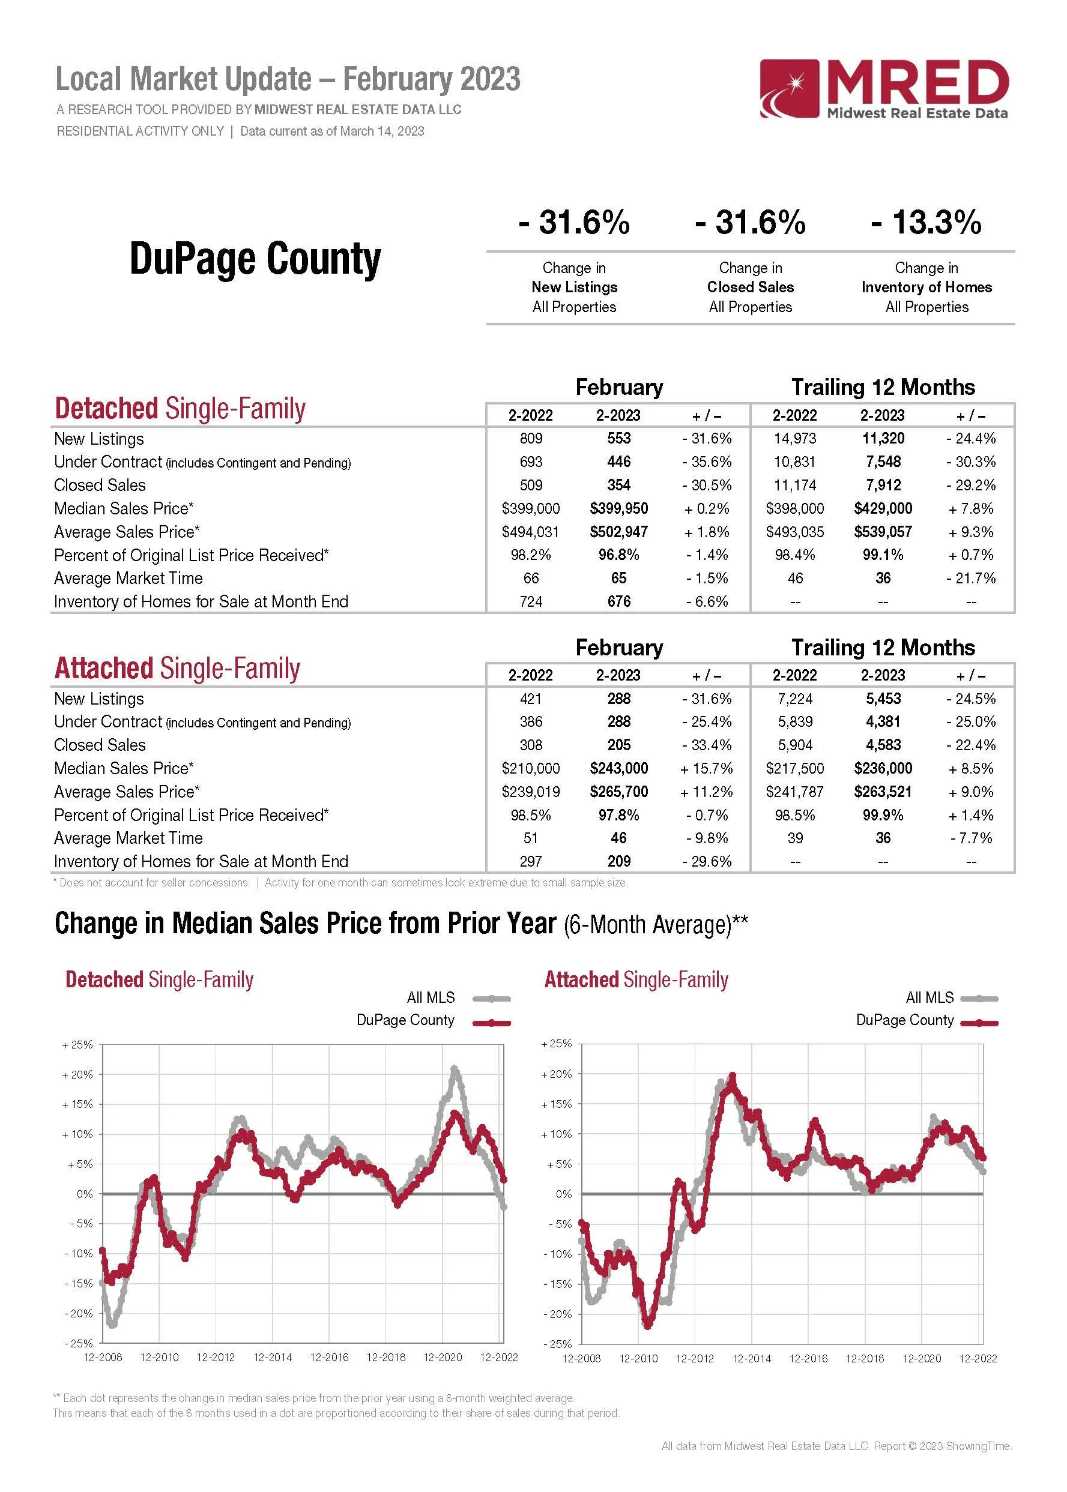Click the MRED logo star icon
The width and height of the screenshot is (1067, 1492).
coord(790,89)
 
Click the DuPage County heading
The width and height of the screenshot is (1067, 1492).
coord(255,259)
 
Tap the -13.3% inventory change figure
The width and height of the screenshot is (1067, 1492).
coord(926,222)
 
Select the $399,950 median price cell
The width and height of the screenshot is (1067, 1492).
coord(618,508)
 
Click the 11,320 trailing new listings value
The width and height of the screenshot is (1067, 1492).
coord(883,438)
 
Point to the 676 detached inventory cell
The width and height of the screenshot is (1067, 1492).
coord(618,601)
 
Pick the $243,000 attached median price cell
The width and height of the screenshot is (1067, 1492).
coord(618,768)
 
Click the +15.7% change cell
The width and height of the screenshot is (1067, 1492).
coord(706,768)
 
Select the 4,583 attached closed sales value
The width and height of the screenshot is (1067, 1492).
coord(883,745)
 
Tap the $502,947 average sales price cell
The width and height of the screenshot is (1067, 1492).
coord(618,532)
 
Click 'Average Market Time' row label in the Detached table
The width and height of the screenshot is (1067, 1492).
coord(128,579)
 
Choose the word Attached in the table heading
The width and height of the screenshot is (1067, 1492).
coord(104,669)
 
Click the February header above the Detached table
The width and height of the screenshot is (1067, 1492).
coord(619,387)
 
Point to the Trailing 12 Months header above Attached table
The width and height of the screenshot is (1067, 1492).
coord(883,648)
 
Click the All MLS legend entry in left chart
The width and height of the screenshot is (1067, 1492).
coord(431,997)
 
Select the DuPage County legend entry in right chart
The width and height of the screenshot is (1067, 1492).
coord(905,1020)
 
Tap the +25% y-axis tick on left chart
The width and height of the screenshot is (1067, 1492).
coord(77,1045)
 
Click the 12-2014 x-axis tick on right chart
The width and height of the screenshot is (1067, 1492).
coord(752,1358)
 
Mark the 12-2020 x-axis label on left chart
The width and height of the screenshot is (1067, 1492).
coord(442,1358)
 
